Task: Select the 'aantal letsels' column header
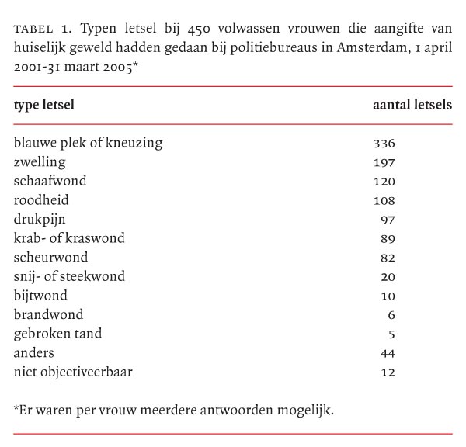[x=412, y=105]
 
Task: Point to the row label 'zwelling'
[x=40, y=162]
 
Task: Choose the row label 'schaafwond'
[x=50, y=181]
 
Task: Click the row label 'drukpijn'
[x=40, y=219]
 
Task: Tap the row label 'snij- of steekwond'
[x=69, y=276]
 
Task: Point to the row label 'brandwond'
[x=48, y=314]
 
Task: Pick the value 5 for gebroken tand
[x=391, y=334]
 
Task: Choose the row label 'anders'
[x=35, y=352]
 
